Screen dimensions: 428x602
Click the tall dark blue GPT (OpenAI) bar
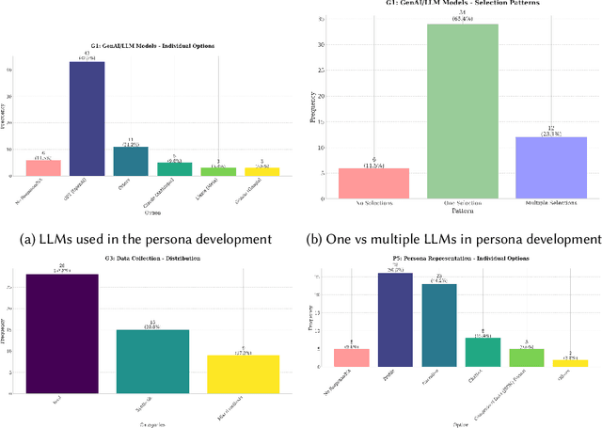coord(87,119)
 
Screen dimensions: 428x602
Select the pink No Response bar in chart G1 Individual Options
coord(43,167)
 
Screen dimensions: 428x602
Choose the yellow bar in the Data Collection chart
coord(243,373)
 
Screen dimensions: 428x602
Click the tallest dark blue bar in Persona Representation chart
coord(396,319)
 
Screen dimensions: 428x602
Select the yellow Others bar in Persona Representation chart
coord(569,362)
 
